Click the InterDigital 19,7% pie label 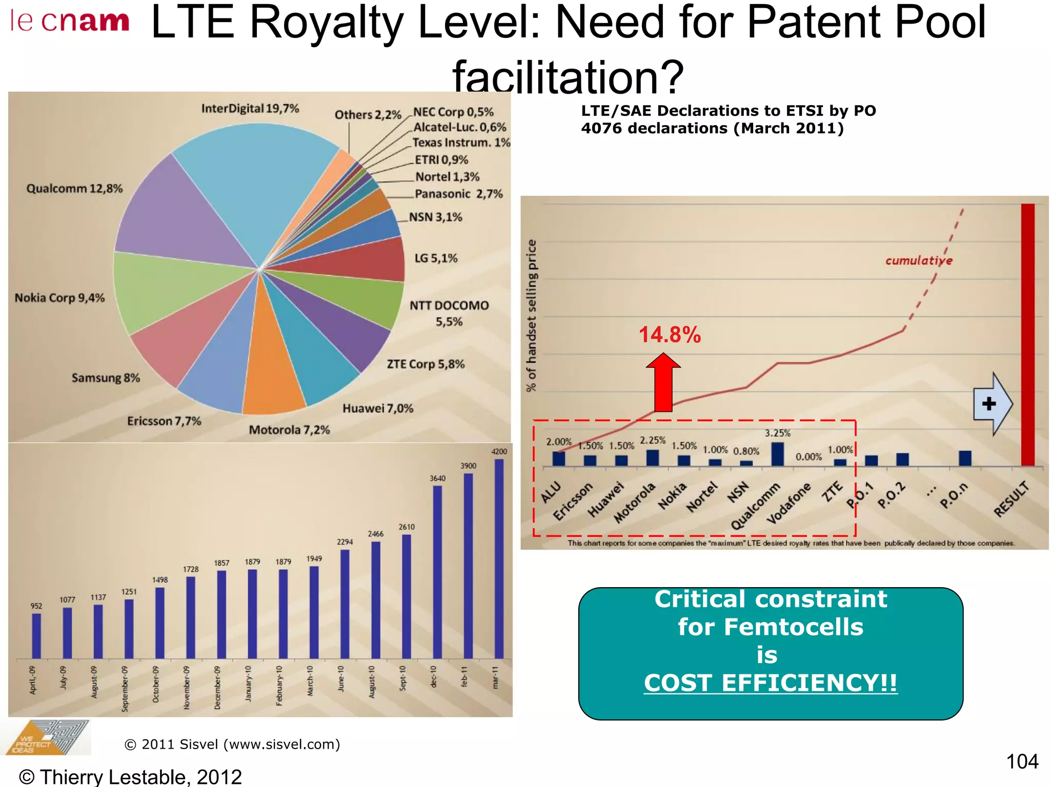(x=250, y=109)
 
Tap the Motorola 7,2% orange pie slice (x=272, y=369)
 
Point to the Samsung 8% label (x=106, y=378)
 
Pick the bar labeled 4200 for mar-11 (x=499, y=558)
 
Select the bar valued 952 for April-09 (x=36, y=635)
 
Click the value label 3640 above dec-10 (x=437, y=478)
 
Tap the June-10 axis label (x=341, y=679)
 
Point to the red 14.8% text (x=670, y=335)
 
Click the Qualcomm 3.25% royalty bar (x=777, y=454)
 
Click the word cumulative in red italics (x=918, y=261)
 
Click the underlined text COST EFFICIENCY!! (x=770, y=683)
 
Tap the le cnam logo (x=70, y=22)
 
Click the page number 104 (x=1022, y=761)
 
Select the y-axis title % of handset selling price (x=532, y=316)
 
